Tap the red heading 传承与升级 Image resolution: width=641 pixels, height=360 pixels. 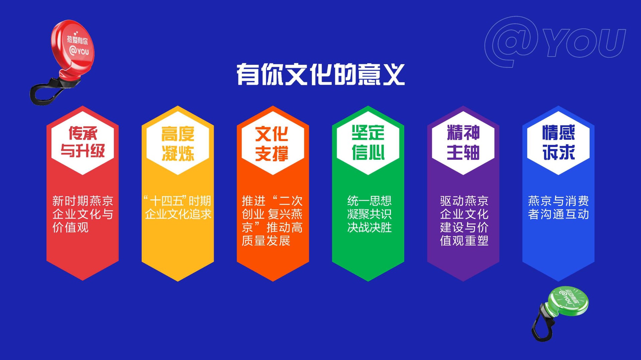click(83, 142)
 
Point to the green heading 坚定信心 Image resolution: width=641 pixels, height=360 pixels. click(368, 142)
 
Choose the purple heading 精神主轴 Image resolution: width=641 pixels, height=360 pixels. click(463, 142)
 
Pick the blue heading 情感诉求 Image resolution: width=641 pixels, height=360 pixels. click(558, 142)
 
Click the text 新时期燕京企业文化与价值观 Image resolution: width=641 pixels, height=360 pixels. click(83, 214)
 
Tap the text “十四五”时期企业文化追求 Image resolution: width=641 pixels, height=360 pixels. click(178, 208)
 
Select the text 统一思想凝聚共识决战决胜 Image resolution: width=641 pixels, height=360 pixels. click(369, 214)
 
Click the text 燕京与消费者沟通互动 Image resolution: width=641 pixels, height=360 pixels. click(558, 208)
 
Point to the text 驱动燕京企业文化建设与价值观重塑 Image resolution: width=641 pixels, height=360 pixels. click(464, 221)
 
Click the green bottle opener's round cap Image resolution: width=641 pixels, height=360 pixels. click(568, 301)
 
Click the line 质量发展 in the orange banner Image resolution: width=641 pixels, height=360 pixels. click(266, 241)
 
